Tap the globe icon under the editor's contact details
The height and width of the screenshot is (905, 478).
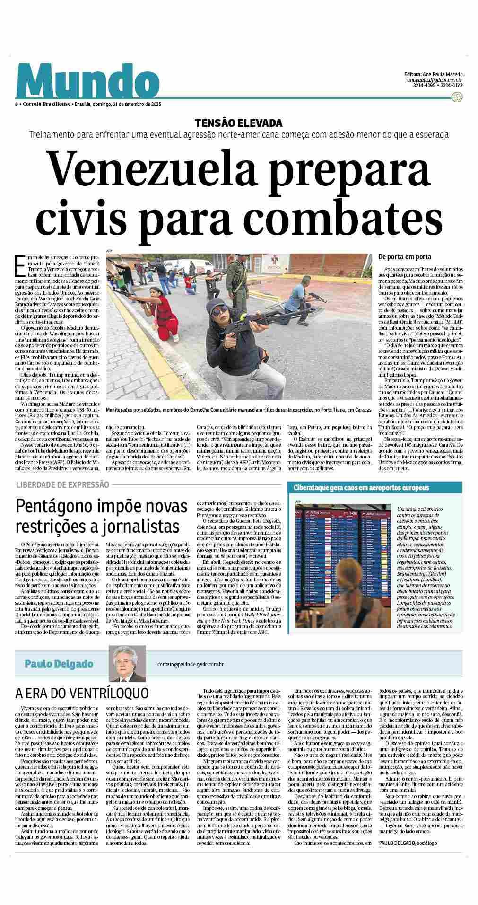(456, 97)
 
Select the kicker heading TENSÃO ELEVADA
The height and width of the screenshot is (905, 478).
(239, 123)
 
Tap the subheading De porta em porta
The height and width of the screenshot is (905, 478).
(404, 257)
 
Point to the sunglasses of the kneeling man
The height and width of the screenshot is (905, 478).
(222, 311)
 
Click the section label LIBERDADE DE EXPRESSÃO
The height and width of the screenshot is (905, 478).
(62, 484)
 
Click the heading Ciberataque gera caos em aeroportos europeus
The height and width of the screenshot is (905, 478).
(361, 487)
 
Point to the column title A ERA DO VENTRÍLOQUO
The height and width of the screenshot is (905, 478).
(82, 693)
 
